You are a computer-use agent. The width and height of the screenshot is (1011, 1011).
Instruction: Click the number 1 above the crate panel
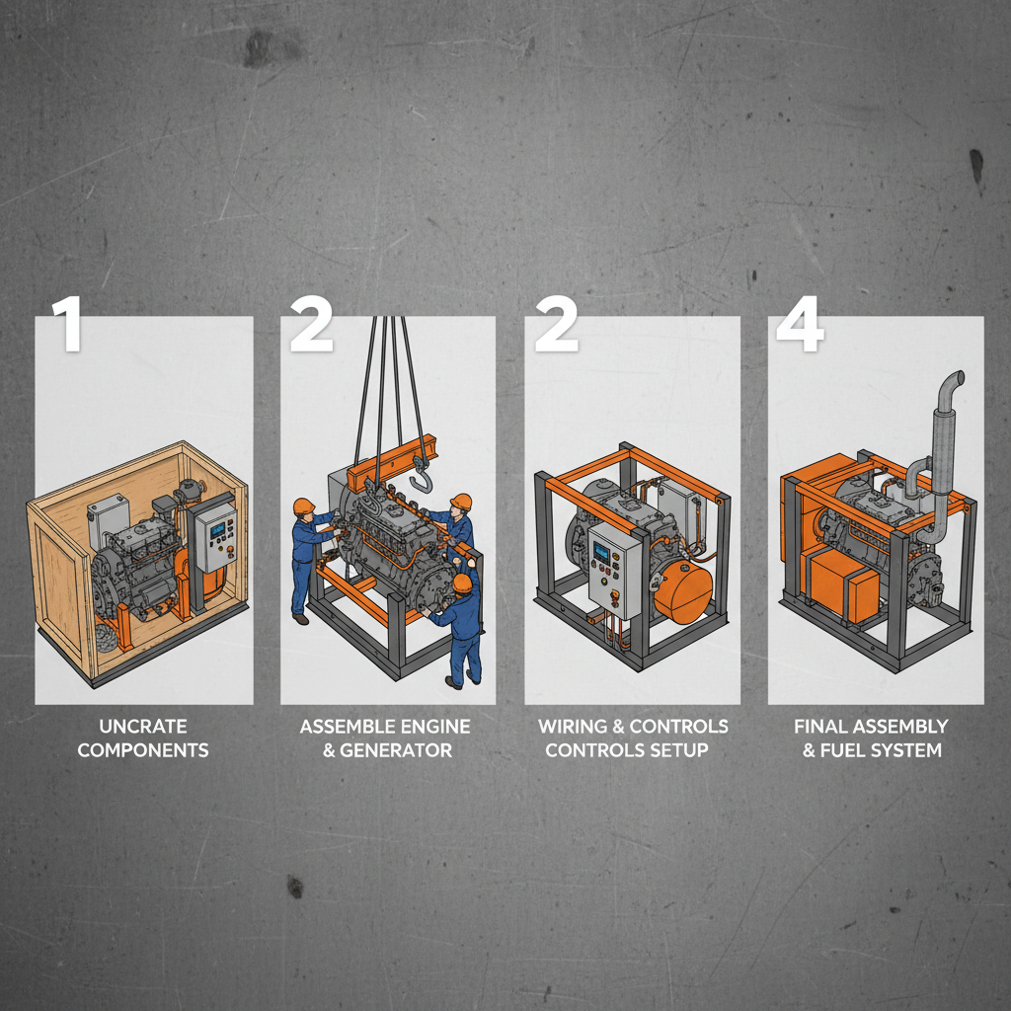click(67, 324)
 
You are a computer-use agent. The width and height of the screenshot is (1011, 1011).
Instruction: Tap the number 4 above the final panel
click(800, 324)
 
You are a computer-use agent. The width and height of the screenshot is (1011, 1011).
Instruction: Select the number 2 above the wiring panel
click(556, 324)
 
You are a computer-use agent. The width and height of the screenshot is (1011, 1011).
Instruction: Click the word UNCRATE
click(143, 727)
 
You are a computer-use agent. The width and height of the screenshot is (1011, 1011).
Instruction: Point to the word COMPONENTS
click(143, 750)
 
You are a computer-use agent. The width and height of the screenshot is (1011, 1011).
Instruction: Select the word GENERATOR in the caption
click(396, 750)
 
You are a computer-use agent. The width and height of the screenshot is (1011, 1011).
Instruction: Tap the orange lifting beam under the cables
click(391, 463)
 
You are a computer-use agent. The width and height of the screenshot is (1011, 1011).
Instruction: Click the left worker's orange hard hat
click(304, 506)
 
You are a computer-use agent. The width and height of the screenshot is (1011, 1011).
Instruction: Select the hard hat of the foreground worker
click(462, 583)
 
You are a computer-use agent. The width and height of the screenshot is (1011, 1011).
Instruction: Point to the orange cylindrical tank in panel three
click(683, 592)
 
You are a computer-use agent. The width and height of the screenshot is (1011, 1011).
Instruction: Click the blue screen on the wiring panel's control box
click(601, 552)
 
